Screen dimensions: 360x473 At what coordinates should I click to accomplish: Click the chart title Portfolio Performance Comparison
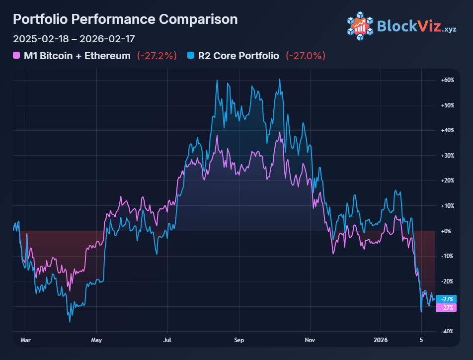(125, 19)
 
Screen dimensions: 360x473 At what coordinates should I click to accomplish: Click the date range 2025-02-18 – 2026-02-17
(74, 39)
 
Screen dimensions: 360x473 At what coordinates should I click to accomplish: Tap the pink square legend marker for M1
(17, 56)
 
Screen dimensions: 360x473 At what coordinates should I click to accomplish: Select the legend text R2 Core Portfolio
(238, 56)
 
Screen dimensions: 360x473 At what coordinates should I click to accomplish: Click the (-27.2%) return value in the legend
(157, 56)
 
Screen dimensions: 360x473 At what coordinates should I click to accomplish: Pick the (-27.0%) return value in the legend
(306, 56)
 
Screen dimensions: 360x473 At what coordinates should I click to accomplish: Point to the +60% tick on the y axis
(448, 80)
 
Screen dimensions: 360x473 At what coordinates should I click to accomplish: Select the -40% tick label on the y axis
(448, 332)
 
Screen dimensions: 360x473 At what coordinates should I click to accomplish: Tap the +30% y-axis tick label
(448, 156)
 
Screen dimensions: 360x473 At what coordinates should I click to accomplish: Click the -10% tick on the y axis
(448, 256)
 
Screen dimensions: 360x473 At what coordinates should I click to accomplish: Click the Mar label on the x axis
(26, 341)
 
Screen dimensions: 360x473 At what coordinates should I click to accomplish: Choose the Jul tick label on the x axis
(167, 341)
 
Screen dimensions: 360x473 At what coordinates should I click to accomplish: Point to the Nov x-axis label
(310, 341)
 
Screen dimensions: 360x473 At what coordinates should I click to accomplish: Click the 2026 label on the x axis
(381, 341)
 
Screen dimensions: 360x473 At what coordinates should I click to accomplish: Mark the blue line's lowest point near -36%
(70, 322)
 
